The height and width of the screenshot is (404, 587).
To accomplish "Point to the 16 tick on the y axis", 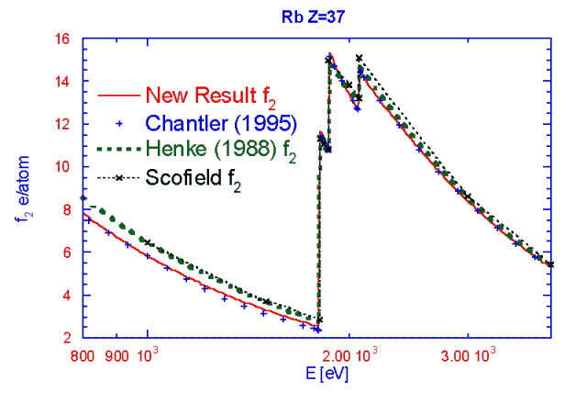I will (64, 39).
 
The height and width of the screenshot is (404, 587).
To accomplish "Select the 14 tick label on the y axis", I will (64, 82).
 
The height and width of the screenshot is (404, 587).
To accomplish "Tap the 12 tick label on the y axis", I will (64, 124).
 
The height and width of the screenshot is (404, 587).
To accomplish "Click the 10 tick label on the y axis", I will (64, 167).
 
